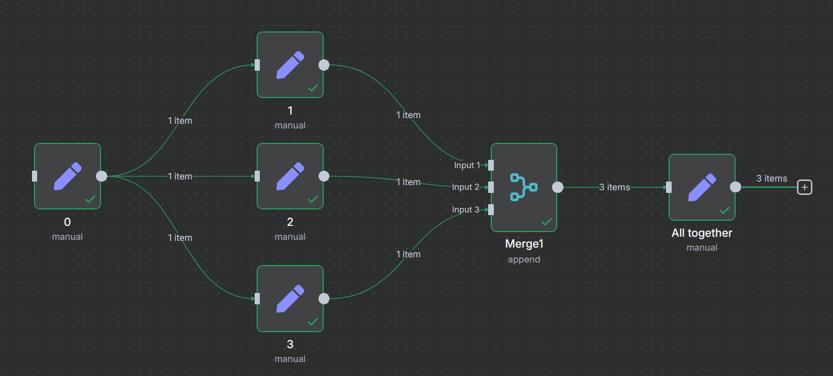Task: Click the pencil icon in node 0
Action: [68, 176]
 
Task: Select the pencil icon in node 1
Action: [290, 65]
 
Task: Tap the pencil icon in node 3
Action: [290, 299]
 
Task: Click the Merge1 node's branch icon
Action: [524, 187]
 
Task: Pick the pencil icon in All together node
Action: [702, 187]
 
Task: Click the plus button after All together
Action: [805, 187]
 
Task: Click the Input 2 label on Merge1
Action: [465, 187]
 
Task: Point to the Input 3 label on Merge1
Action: [465, 209]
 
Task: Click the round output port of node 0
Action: [102, 176]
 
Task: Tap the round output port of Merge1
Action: [558, 187]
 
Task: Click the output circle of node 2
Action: [324, 176]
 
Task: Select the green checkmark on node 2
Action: [313, 200]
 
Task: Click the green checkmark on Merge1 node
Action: [546, 222]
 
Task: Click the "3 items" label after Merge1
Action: [614, 187]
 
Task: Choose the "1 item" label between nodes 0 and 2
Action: [180, 176]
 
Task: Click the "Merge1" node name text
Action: [524, 243]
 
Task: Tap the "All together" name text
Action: [702, 233]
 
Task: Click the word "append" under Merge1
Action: [524, 259]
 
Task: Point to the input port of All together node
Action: [669, 187]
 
